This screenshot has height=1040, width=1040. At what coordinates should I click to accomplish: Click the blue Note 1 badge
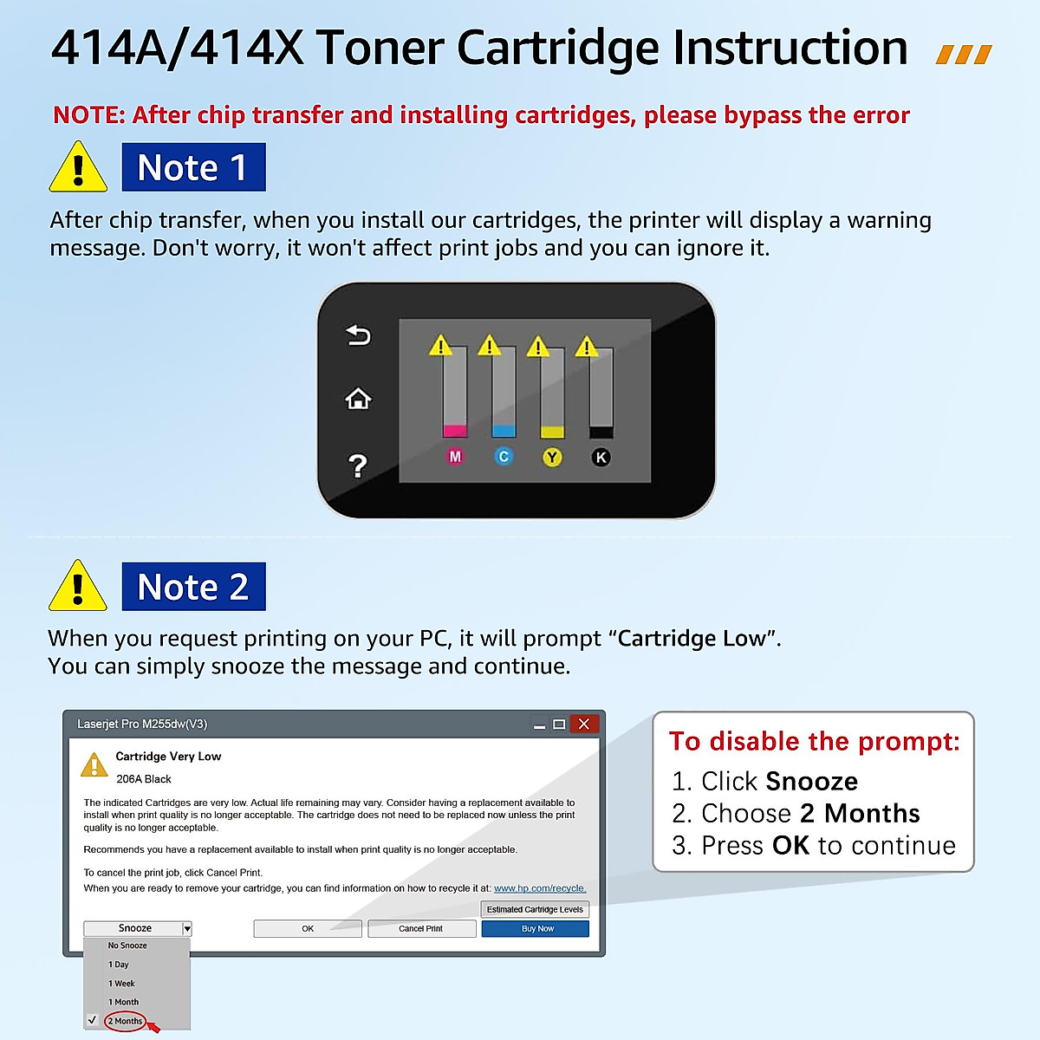193,167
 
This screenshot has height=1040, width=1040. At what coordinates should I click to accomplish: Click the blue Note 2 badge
193,587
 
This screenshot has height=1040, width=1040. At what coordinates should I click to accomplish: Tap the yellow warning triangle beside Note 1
78,168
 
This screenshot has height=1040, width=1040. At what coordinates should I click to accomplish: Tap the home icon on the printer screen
358,399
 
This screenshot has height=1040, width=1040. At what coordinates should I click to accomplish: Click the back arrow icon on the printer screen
358,335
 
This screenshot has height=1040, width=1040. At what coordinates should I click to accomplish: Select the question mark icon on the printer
357,466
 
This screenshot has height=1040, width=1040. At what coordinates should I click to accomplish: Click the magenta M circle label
455,457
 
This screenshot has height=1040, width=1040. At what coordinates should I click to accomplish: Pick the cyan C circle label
504,457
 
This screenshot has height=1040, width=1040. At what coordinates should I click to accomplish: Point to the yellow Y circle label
552,457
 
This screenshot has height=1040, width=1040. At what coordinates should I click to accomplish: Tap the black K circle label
601,457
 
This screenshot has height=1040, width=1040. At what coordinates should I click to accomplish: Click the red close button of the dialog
584,724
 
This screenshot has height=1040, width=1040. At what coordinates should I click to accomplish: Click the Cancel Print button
421,928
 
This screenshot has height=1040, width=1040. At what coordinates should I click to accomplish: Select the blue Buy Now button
536,928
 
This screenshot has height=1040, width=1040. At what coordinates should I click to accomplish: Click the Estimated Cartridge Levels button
535,909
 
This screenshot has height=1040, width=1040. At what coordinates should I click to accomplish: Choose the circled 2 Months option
126,1021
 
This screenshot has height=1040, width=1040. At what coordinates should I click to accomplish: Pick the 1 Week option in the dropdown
122,984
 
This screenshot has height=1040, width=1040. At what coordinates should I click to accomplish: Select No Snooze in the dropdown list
127,946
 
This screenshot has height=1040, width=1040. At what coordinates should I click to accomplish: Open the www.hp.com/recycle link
540,888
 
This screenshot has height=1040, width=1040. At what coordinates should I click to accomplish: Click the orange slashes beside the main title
964,55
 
